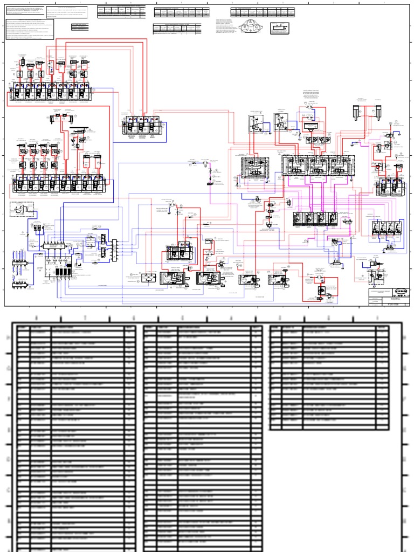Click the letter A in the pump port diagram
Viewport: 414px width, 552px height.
click(250, 22)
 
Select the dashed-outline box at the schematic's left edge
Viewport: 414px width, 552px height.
click(22, 210)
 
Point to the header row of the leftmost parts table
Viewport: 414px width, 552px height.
click(75, 327)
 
